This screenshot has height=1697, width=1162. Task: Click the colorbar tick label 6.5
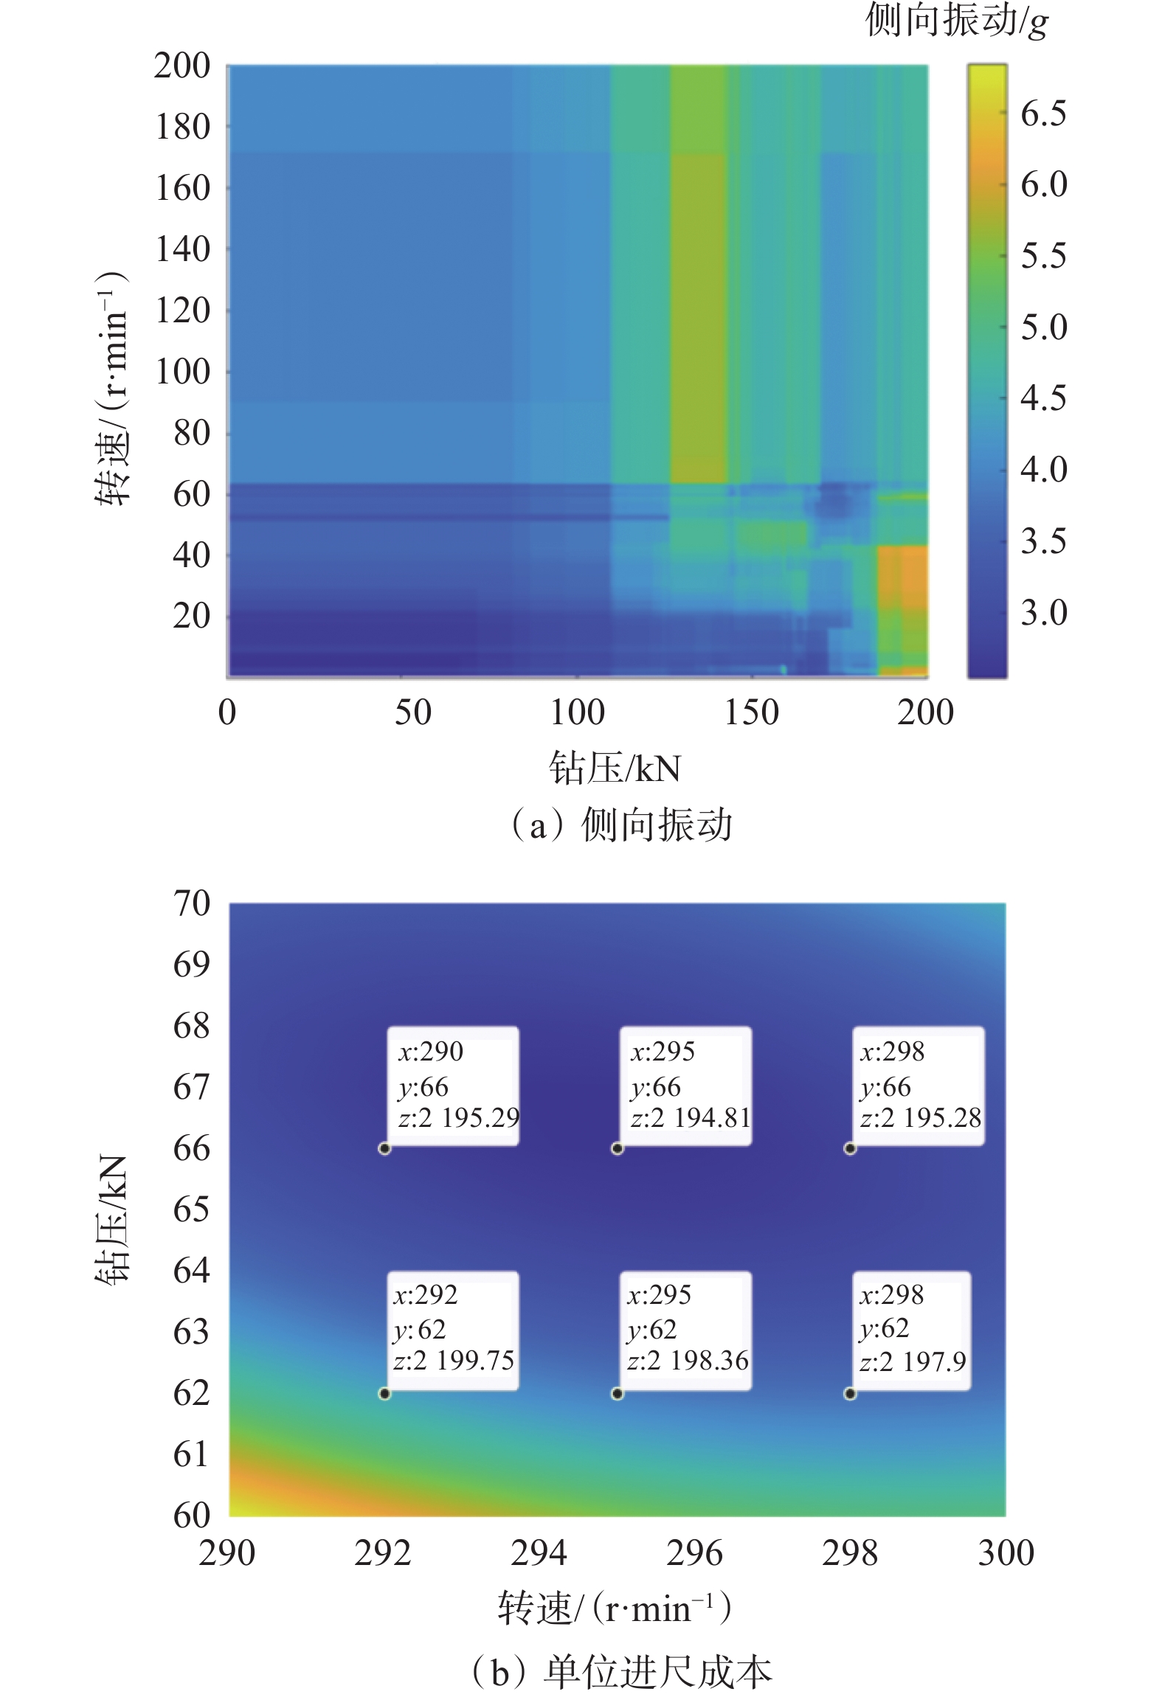click(1043, 114)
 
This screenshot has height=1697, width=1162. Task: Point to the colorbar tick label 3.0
click(1043, 613)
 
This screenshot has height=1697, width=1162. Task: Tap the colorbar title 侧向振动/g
click(956, 21)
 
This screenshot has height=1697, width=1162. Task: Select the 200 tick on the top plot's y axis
click(182, 66)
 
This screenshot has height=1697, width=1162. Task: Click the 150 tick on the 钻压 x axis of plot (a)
click(751, 712)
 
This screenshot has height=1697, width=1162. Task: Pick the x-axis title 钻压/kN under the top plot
click(614, 768)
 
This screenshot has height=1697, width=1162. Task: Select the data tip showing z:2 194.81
click(685, 1086)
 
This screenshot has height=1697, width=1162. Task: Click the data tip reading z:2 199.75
click(453, 1330)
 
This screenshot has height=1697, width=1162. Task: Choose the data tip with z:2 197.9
click(912, 1330)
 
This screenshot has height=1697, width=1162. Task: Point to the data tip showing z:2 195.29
click(453, 1086)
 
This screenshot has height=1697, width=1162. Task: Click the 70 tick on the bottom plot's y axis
click(192, 903)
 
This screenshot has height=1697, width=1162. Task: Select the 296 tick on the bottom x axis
click(694, 1552)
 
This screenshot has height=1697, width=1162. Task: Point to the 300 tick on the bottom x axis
click(1006, 1552)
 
